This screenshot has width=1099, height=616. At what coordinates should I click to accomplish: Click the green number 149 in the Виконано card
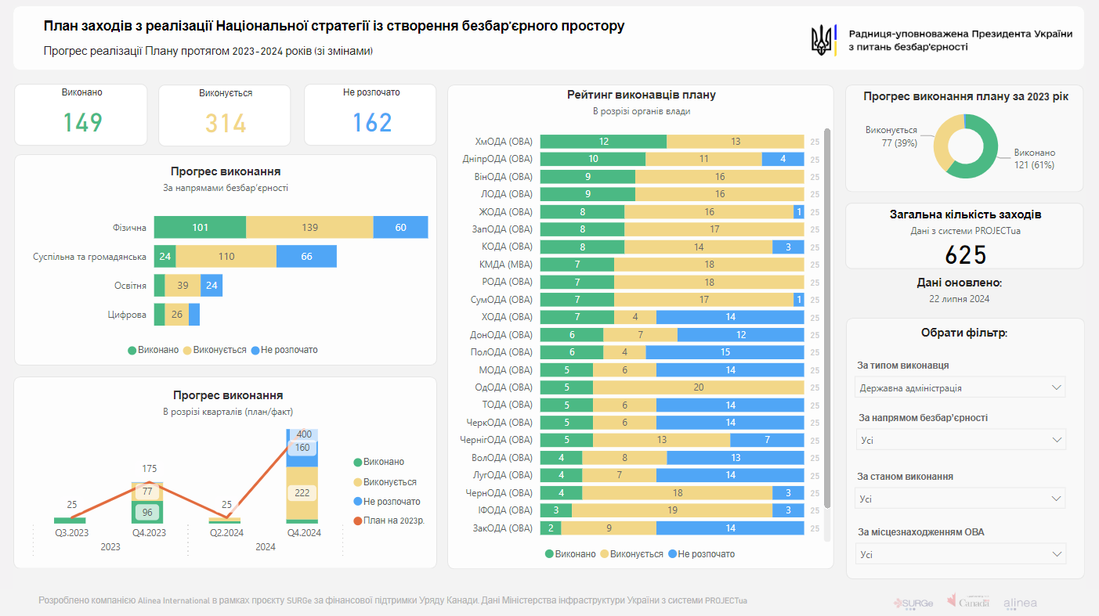click(83, 123)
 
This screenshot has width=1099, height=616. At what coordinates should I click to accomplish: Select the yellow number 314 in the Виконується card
click(226, 124)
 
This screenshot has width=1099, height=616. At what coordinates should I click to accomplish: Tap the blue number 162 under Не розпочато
click(372, 123)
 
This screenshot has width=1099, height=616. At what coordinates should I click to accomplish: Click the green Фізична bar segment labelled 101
click(200, 227)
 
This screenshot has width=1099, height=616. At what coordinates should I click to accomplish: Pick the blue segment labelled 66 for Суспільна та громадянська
click(306, 257)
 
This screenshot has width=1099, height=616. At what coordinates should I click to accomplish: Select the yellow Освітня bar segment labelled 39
click(183, 286)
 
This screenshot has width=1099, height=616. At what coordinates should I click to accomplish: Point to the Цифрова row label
click(127, 315)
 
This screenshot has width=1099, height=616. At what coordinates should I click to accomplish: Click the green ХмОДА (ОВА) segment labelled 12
click(603, 142)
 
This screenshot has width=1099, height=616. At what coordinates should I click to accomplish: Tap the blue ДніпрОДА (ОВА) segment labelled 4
click(783, 159)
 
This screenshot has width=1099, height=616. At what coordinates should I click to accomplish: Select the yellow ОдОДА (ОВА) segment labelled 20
click(698, 387)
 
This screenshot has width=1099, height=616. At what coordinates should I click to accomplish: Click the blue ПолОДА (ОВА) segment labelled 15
click(725, 352)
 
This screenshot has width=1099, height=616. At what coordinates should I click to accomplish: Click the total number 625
click(965, 255)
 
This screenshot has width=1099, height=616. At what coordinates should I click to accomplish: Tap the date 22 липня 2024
click(960, 299)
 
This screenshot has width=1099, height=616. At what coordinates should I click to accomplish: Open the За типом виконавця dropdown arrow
click(1057, 387)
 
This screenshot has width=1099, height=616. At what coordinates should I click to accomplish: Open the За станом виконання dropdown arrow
click(1057, 499)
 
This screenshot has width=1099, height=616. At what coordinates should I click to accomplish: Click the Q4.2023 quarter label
click(149, 532)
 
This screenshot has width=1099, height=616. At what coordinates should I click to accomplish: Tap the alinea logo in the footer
click(1020, 603)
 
